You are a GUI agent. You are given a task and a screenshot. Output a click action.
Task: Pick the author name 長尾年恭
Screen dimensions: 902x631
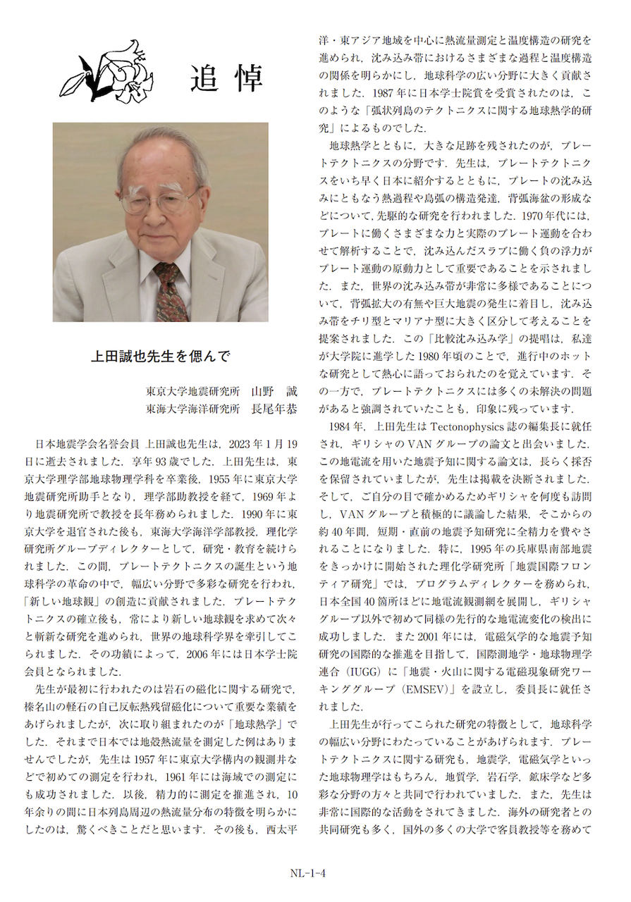274,407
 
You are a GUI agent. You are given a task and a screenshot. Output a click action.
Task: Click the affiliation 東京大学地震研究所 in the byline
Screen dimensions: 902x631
192,391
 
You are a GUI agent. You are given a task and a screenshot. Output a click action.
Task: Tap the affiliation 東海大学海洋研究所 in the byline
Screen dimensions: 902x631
192,407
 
